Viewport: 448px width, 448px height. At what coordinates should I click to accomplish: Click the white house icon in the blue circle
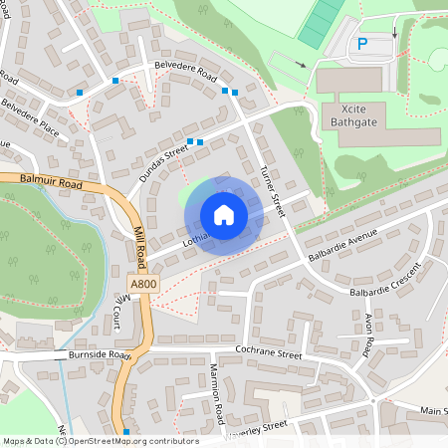(223, 214)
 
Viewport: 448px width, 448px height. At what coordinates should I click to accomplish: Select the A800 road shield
(143, 283)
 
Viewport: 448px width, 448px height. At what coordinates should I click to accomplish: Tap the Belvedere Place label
(29, 117)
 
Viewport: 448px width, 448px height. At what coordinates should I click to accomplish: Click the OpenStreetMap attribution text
(100, 441)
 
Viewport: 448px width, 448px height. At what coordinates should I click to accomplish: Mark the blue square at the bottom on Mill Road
(126, 431)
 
